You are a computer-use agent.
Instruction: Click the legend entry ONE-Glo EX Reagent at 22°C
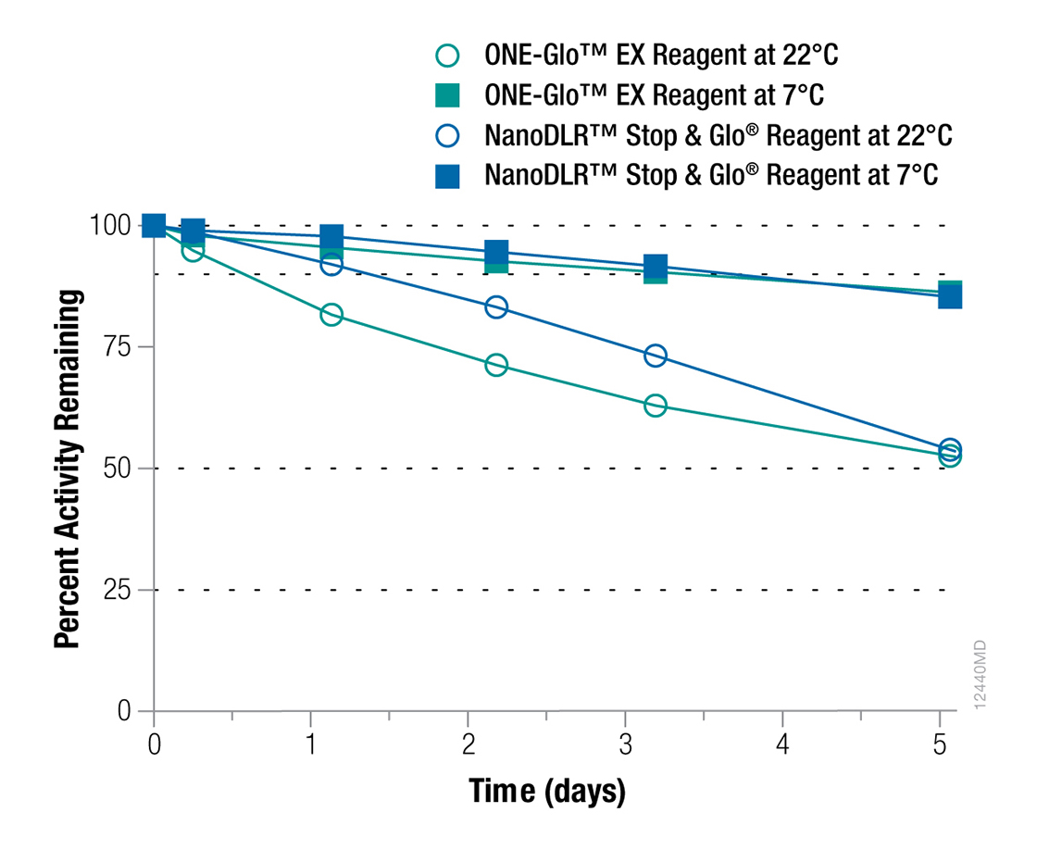pos(661,56)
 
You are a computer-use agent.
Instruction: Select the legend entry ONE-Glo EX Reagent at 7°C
pos(654,95)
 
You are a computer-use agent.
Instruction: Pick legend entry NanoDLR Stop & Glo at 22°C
pos(718,135)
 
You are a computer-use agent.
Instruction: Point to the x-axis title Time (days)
pos(547,793)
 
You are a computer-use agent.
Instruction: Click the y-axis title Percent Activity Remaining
pos(67,469)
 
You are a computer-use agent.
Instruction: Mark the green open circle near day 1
pos(331,315)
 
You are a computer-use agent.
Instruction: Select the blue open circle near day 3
pos(656,356)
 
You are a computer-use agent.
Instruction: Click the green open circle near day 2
pos(496,365)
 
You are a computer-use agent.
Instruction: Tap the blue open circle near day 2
pos(496,306)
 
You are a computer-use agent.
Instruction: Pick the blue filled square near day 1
pos(331,236)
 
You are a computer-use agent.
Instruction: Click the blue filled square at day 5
pos(950,296)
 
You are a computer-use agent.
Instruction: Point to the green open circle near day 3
pos(656,406)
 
